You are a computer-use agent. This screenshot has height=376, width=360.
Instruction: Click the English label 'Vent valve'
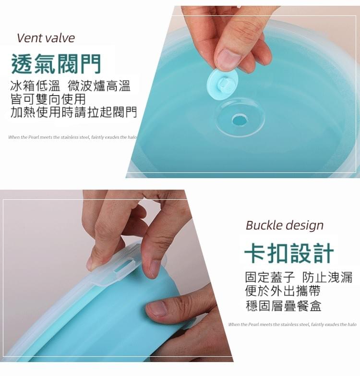click(46, 38)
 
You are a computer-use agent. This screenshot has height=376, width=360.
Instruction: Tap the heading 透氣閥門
click(56, 63)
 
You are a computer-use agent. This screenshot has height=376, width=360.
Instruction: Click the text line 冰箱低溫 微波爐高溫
click(70, 86)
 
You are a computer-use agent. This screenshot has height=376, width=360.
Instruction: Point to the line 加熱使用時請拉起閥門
click(73, 112)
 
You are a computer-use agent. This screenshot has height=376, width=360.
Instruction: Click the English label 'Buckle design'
click(285, 225)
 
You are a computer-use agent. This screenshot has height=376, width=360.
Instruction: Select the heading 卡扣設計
click(288, 254)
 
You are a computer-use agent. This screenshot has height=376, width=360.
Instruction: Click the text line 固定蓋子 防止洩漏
click(299, 277)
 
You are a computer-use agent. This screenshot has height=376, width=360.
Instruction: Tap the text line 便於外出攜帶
click(282, 291)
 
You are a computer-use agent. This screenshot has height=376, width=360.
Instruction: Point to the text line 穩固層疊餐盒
click(283, 305)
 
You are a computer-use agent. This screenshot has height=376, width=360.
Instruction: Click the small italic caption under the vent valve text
click(72, 137)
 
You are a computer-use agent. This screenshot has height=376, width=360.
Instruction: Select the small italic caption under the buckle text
click(292, 325)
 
